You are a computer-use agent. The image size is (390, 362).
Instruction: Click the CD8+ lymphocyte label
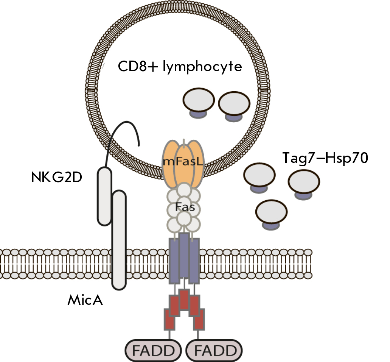[x=180, y=67]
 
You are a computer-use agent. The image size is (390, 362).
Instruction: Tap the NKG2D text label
[x=57, y=178]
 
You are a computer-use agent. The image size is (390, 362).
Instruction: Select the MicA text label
[x=85, y=300]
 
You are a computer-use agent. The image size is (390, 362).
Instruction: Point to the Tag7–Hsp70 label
[x=325, y=158]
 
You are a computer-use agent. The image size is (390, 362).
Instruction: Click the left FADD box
[x=153, y=351]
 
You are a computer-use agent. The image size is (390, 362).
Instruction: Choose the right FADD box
[x=214, y=351]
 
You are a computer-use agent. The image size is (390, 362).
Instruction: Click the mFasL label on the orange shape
[x=183, y=162]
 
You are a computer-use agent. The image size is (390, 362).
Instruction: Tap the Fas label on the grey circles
[x=185, y=207]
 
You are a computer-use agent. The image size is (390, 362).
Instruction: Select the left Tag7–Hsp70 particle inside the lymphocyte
[x=199, y=103]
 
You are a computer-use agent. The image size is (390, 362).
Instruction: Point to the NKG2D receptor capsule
[x=104, y=196]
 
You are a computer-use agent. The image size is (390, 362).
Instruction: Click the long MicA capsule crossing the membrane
[x=119, y=240]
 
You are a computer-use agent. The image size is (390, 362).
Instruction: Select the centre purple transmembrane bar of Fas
[x=184, y=255]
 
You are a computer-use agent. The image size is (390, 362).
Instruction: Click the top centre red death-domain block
[x=184, y=300]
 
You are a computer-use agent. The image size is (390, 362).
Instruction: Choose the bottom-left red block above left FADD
[x=169, y=320]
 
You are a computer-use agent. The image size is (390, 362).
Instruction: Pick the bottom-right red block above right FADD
[x=199, y=320]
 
